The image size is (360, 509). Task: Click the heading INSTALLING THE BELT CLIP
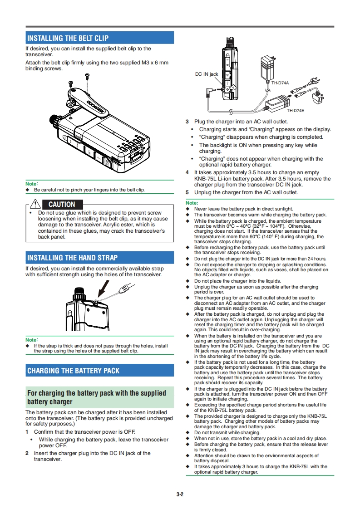(68, 38)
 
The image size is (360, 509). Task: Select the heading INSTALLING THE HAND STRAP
(72, 258)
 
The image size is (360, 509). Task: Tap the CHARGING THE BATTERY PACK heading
(73, 371)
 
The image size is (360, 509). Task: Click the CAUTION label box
(62, 205)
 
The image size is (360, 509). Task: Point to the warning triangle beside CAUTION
(35, 204)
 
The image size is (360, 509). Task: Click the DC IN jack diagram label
(207, 74)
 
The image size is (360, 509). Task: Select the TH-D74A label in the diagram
(280, 83)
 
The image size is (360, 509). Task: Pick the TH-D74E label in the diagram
(295, 110)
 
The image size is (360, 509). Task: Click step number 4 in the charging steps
(187, 172)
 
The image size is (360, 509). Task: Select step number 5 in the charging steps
(187, 192)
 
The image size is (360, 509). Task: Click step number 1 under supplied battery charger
(27, 431)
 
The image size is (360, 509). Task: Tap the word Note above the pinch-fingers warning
(31, 184)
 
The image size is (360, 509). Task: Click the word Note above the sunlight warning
(192, 203)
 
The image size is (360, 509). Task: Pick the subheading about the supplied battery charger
(97, 397)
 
